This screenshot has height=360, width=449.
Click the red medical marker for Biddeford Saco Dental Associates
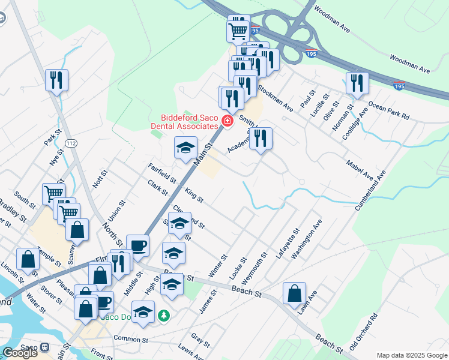click(x=227, y=121)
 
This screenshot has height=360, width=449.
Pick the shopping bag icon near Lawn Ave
click(x=294, y=294)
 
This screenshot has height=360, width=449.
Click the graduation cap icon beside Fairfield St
click(x=186, y=148)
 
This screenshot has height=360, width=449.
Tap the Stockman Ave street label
click(x=275, y=98)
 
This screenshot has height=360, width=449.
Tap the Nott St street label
click(x=100, y=179)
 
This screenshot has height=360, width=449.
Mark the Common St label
click(x=130, y=339)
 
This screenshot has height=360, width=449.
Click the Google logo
click(x=20, y=353)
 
